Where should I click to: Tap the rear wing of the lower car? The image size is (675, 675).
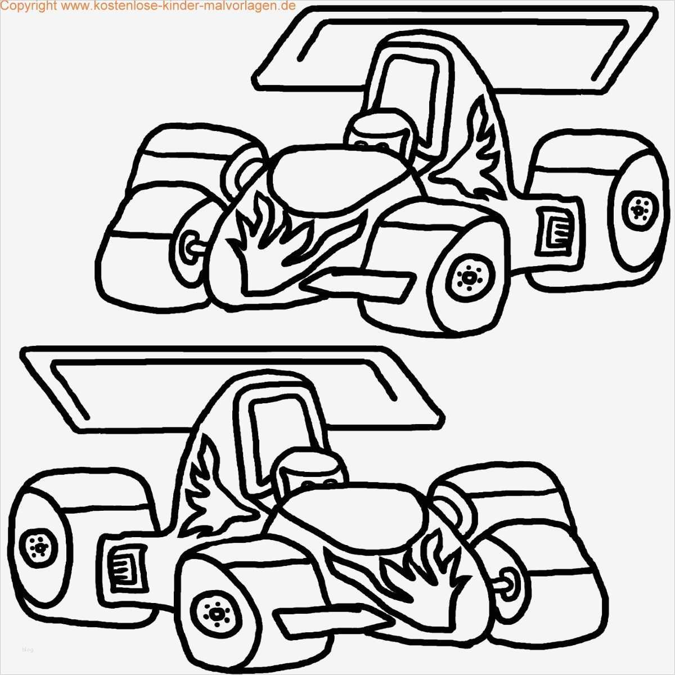coord(225,388)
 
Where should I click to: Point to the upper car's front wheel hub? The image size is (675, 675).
coord(467,278)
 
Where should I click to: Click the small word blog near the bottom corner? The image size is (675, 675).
coord(28,650)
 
